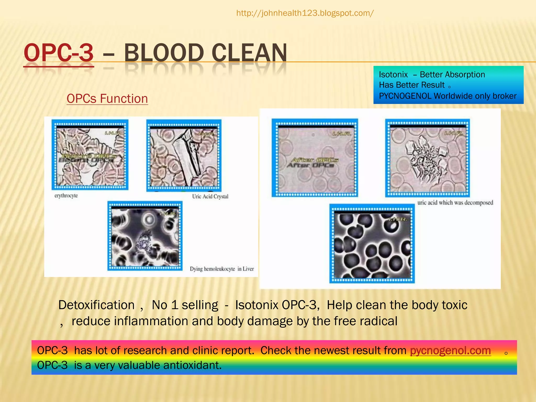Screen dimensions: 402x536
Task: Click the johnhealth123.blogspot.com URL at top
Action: (x=305, y=13)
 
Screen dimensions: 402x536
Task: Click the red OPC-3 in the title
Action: (x=59, y=53)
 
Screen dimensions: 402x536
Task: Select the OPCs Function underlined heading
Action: (x=107, y=99)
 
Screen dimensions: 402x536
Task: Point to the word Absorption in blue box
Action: (x=452, y=75)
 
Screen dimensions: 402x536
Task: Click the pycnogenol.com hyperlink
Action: (x=450, y=350)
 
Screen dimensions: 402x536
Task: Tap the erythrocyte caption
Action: (x=66, y=196)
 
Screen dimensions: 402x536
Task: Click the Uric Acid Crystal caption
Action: (x=210, y=196)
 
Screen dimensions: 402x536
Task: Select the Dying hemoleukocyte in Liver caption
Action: (x=222, y=269)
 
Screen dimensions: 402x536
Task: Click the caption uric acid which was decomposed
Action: (x=455, y=203)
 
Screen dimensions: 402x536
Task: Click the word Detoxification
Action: (x=96, y=305)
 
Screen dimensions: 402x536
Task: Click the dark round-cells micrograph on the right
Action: (x=372, y=245)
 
